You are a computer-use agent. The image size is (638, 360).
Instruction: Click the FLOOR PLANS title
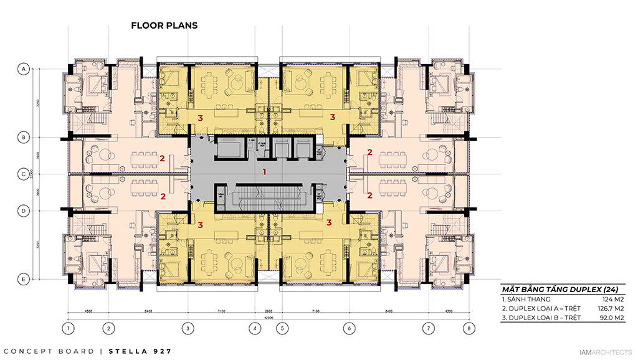point(164,26)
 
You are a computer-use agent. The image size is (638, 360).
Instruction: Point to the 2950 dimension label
point(268,310)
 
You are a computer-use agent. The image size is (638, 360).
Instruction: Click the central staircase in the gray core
point(268,199)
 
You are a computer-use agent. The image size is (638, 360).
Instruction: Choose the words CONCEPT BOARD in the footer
point(50,351)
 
